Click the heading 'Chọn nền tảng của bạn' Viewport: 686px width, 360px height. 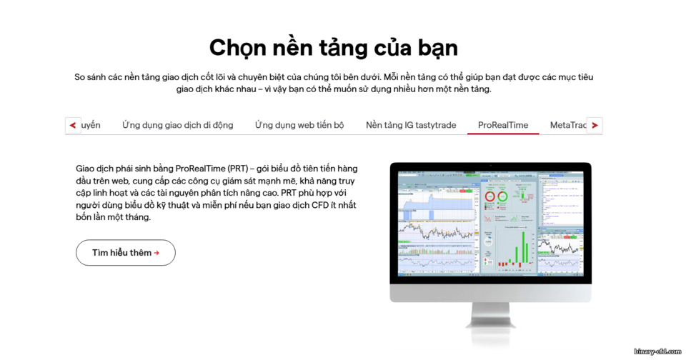[333, 47]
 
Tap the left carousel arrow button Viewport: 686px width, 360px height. [73, 125]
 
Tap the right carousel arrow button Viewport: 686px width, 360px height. [594, 125]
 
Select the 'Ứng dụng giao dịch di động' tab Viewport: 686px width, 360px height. [177, 125]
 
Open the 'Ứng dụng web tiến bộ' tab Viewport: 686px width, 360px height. [299, 125]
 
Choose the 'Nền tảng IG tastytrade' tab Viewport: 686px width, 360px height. [411, 125]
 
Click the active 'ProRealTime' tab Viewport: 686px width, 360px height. [503, 125]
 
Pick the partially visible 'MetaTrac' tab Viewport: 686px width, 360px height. [567, 125]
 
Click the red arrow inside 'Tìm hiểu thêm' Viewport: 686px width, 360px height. [156, 253]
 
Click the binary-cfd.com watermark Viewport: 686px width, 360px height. [658, 351]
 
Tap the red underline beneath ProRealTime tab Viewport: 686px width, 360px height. [503, 134]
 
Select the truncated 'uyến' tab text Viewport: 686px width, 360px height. [91, 125]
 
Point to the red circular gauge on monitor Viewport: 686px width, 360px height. [491, 196]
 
